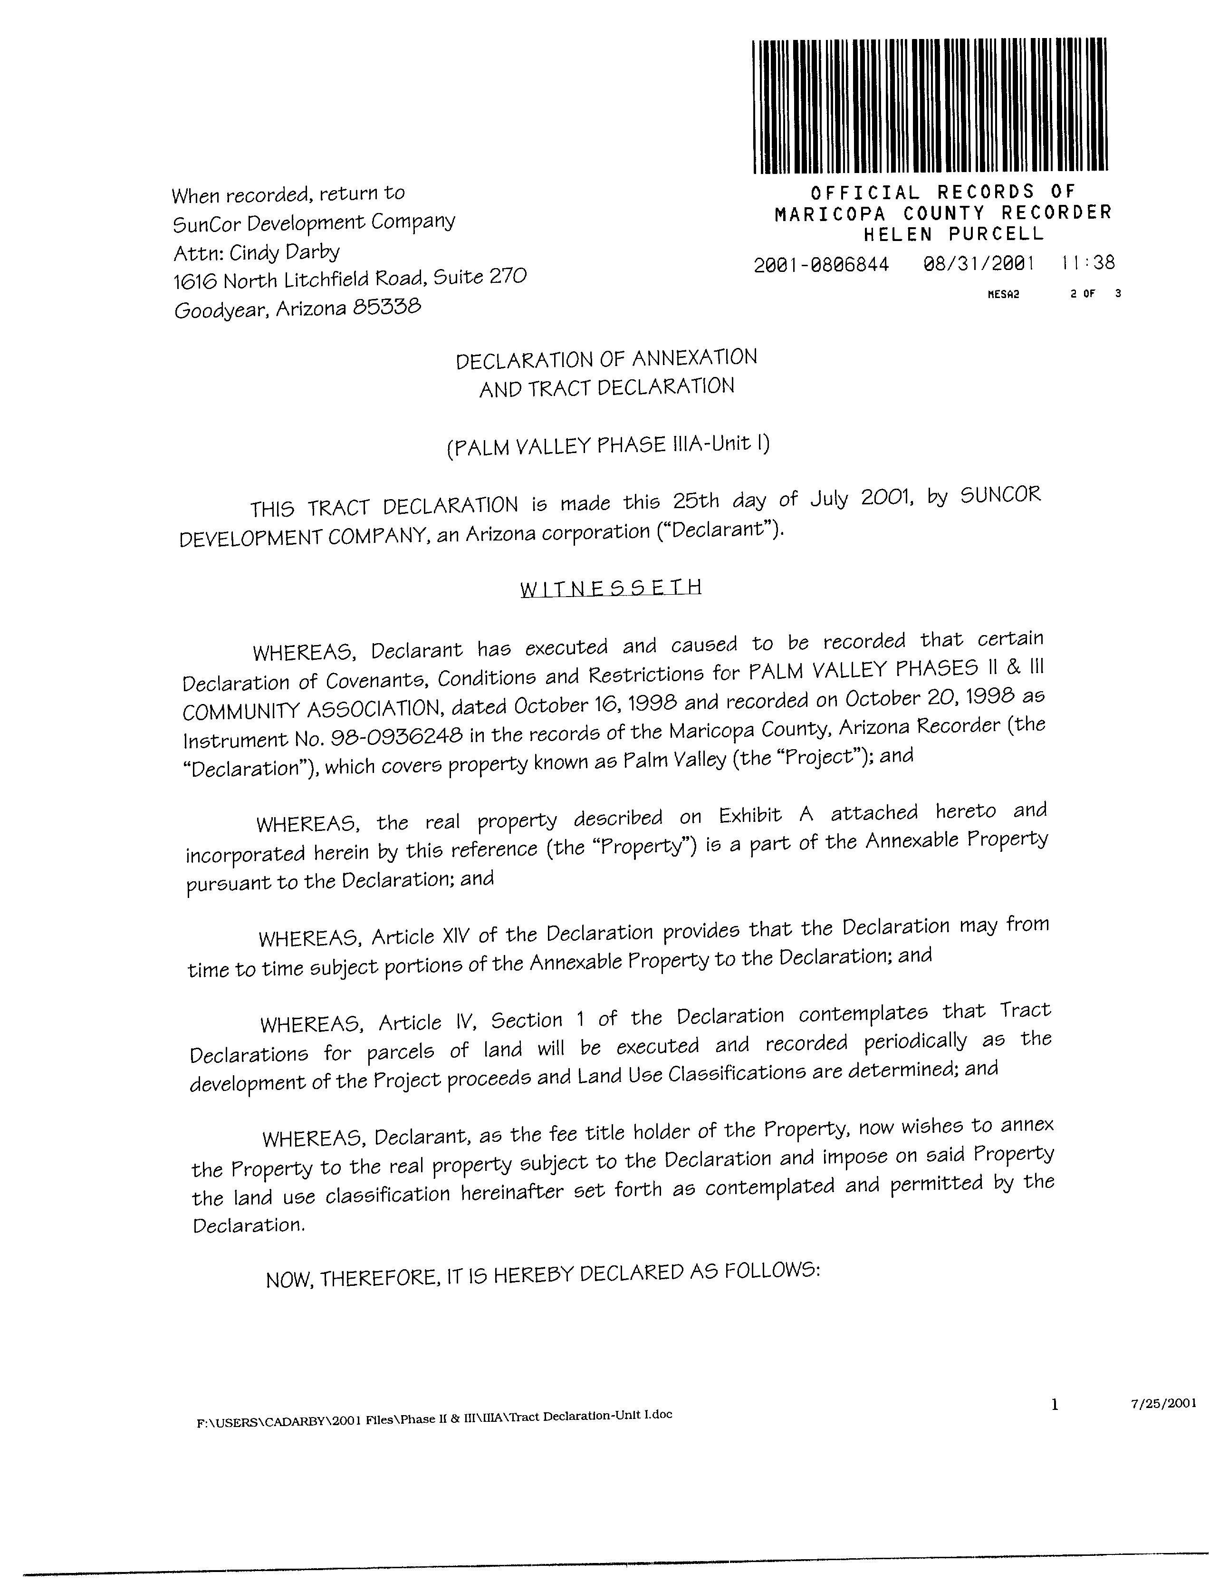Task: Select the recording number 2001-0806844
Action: pyautogui.click(x=821, y=265)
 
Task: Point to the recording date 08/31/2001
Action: pyautogui.click(x=978, y=263)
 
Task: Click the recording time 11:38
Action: pyautogui.click(x=1088, y=263)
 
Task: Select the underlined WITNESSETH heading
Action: pyautogui.click(x=610, y=588)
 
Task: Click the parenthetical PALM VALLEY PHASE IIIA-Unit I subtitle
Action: pyautogui.click(x=608, y=445)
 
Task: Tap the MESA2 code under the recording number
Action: pyautogui.click(x=1003, y=294)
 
